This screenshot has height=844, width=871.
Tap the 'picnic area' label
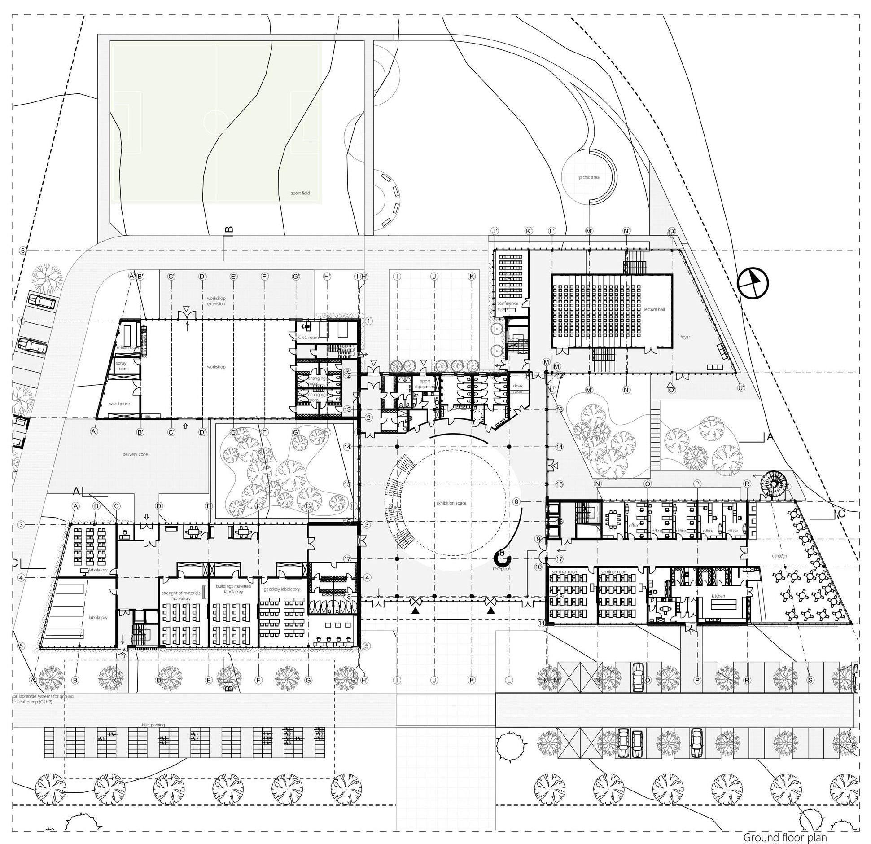click(x=589, y=177)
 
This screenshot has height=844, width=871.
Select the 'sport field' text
click(x=300, y=193)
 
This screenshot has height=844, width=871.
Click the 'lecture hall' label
click(x=654, y=309)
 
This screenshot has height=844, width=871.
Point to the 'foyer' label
click(x=685, y=337)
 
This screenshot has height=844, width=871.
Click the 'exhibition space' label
click(x=451, y=503)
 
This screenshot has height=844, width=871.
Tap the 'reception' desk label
click(x=501, y=569)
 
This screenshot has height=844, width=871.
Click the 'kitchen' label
click(x=718, y=596)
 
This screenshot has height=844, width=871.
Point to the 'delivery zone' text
click(x=135, y=454)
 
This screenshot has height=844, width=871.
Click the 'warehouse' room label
click(x=119, y=404)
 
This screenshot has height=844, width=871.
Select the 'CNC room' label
click(x=308, y=337)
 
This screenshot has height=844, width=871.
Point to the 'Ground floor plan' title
click(x=785, y=837)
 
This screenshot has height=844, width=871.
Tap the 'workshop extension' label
click(x=216, y=301)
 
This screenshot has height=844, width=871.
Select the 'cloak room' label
click(x=518, y=388)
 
